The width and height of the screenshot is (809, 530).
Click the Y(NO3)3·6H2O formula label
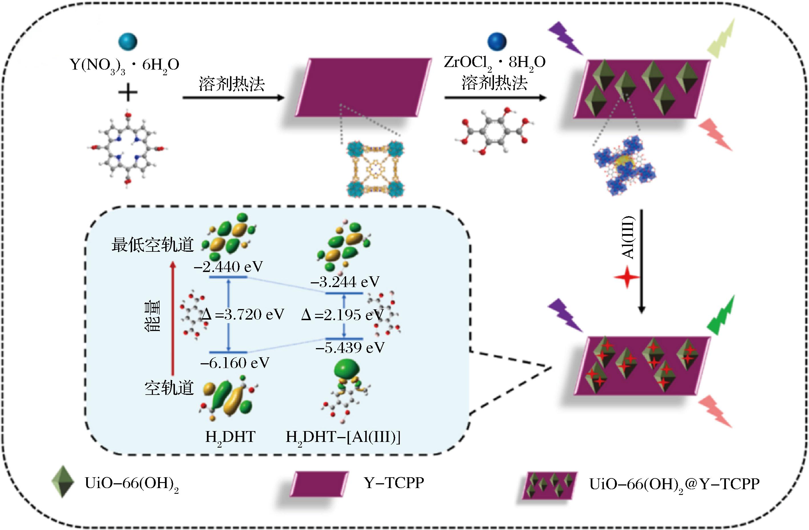tap(124, 65)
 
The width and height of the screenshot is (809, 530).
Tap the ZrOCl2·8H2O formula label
tap(495, 63)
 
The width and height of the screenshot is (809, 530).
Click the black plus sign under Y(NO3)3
tap(128, 92)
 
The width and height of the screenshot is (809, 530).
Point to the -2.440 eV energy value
tap(228, 267)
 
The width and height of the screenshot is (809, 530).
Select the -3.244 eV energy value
tap(345, 282)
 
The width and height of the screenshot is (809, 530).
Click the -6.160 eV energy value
tap(235, 363)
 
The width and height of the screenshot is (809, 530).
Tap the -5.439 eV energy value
tap(350, 347)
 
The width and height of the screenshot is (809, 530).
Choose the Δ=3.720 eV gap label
tap(243, 314)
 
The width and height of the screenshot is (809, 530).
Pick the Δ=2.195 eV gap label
tap(342, 315)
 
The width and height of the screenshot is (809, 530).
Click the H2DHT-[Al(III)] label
tap(343, 437)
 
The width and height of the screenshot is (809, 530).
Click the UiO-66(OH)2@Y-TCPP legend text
tap(674, 484)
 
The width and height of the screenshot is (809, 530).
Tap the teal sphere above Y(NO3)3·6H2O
tap(128, 41)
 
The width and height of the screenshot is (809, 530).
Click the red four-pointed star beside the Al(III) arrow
tap(627, 277)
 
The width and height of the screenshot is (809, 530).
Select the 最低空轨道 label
tap(153, 244)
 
